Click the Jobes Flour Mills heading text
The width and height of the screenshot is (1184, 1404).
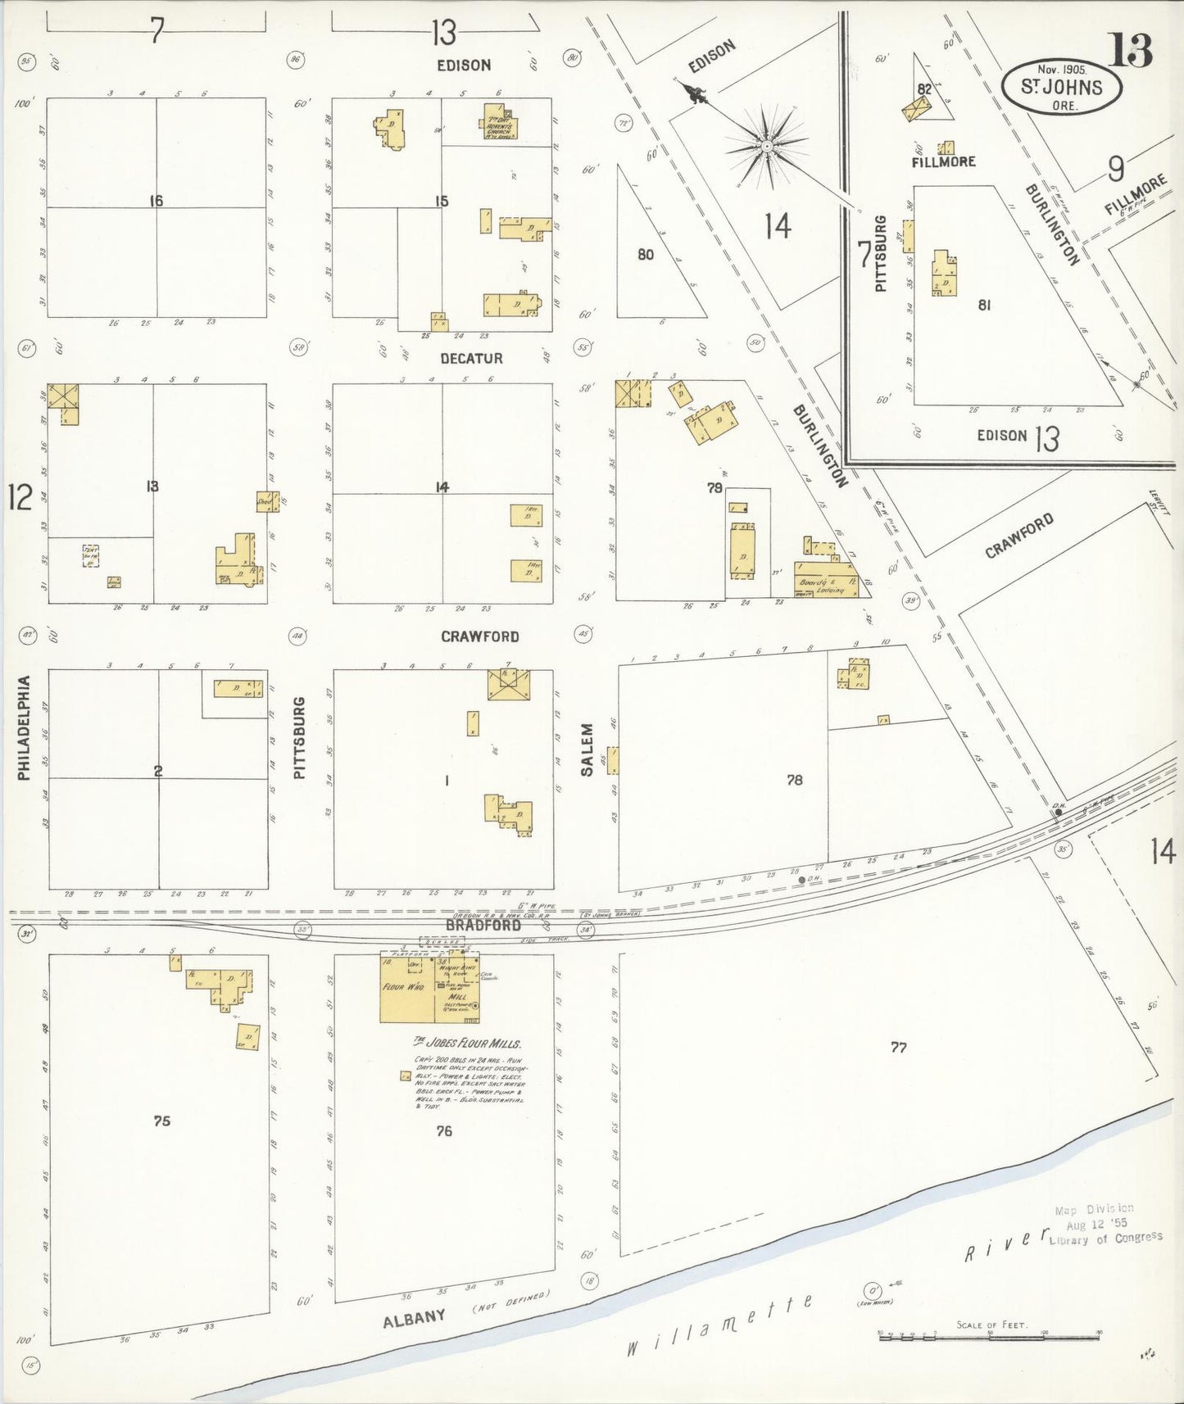click(467, 1043)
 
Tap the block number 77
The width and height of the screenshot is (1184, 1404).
click(898, 1047)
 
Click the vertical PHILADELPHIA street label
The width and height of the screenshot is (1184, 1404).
click(25, 727)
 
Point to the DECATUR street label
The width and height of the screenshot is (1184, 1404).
click(471, 359)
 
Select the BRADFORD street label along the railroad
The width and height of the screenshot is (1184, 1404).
click(483, 925)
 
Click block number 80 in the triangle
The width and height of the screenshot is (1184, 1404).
click(646, 255)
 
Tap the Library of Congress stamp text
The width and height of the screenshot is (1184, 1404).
click(1105, 1238)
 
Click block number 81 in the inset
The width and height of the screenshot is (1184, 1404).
click(984, 305)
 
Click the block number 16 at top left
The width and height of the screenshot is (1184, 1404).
click(156, 200)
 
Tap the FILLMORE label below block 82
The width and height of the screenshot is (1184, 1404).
click(943, 162)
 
